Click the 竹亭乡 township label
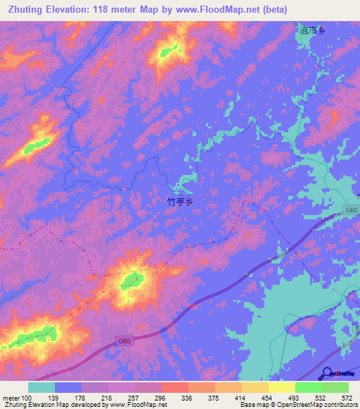[x=179, y=201]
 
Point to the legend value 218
[x=108, y=398]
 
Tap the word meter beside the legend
[x=11, y=398]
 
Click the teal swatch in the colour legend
[x=41, y=387]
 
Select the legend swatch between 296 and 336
[x=174, y=387]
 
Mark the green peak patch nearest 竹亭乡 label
[x=131, y=281]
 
